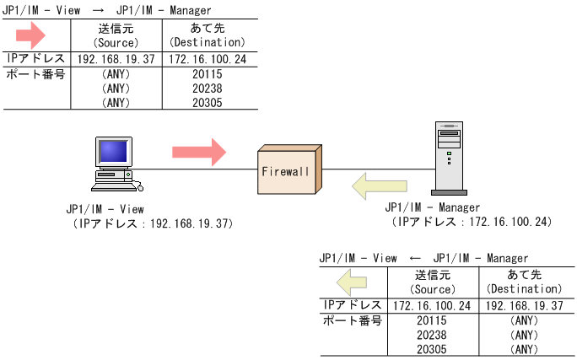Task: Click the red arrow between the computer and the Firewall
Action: pos(199,153)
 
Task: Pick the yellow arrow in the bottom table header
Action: pos(350,282)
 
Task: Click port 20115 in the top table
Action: pos(207,75)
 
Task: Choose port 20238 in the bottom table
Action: pos(432,335)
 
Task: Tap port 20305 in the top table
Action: pos(207,103)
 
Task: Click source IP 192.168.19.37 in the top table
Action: pos(116,60)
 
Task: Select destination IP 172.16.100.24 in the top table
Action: pos(207,60)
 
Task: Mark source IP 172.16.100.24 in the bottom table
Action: pos(432,305)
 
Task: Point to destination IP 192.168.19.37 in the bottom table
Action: pos(525,305)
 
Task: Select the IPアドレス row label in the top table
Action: pos(35,59)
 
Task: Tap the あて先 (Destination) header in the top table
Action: pos(207,35)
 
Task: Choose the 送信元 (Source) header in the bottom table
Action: pos(432,282)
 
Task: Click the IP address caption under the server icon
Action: pos(472,221)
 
